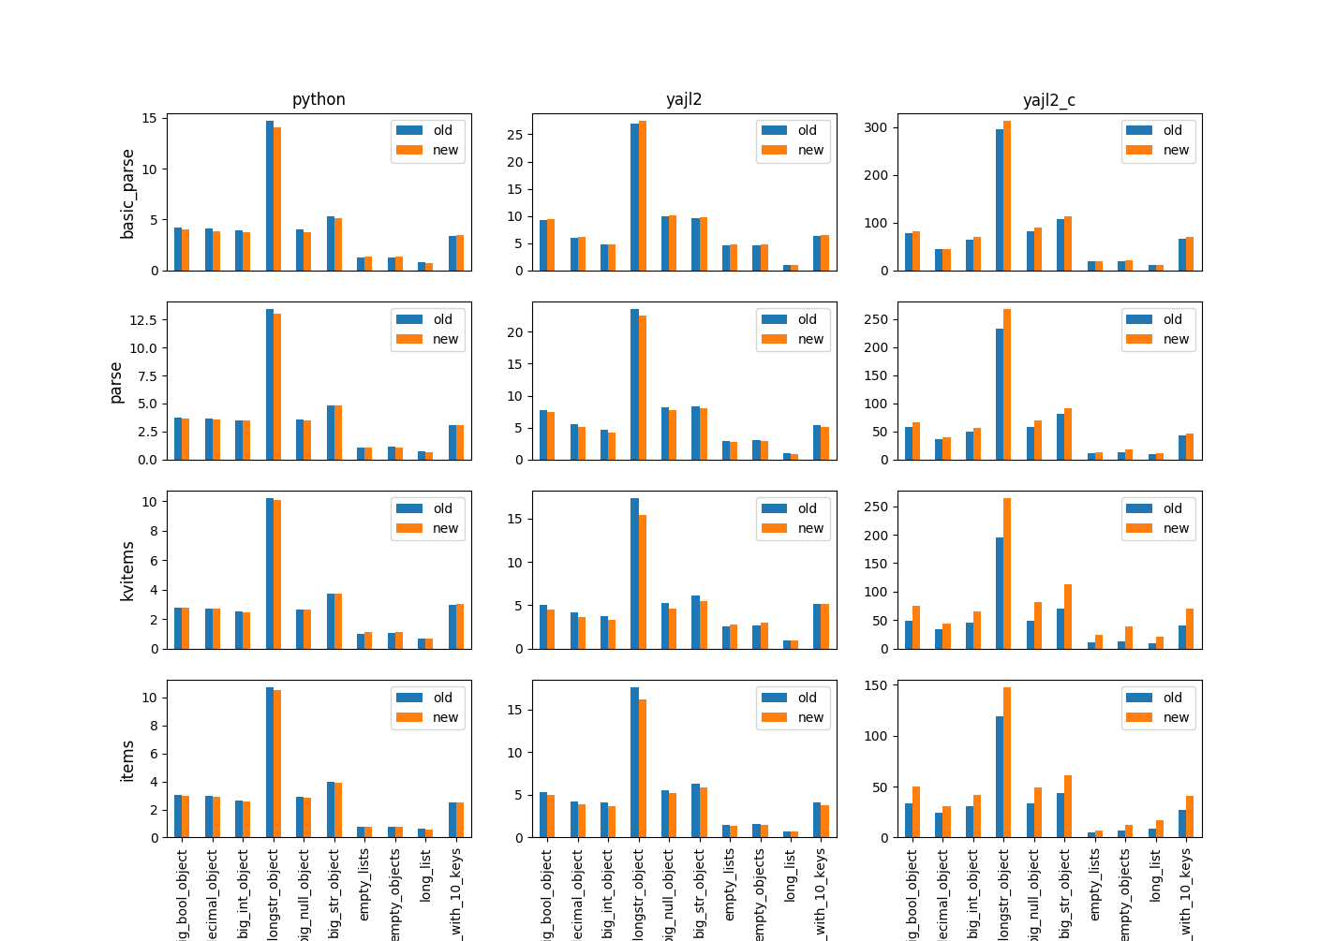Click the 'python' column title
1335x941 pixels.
pyautogui.click(x=319, y=99)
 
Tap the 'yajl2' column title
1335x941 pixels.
pyautogui.click(x=684, y=99)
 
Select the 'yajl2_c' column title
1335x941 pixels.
pyautogui.click(x=1049, y=99)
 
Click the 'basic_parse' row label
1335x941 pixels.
pyautogui.click(x=128, y=193)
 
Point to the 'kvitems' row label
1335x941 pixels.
pyautogui.click(x=128, y=570)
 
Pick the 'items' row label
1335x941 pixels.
pyautogui.click(x=128, y=760)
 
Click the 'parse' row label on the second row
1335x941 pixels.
pyautogui.click(x=116, y=382)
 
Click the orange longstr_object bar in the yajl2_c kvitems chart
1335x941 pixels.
pyautogui.click(x=1007, y=573)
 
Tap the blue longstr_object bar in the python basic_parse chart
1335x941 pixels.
pyautogui.click(x=270, y=196)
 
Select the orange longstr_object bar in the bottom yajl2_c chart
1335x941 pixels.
pyautogui.click(x=1007, y=762)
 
